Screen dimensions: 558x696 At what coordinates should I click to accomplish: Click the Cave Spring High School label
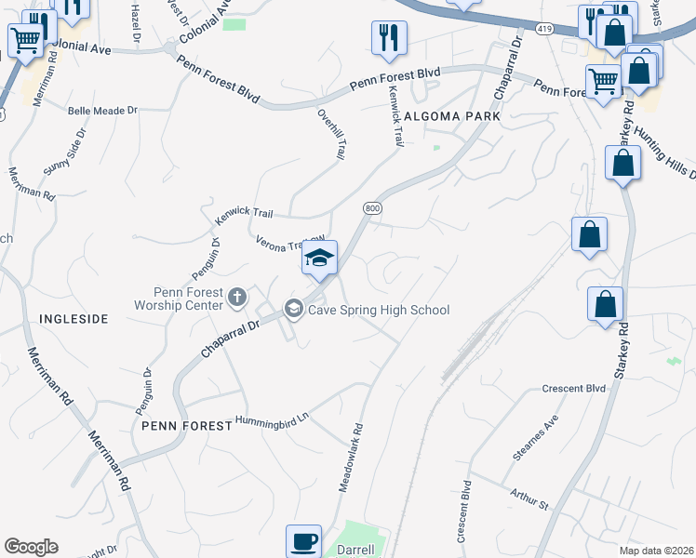click(381, 310)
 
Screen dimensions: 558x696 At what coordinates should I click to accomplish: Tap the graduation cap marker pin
click(319, 259)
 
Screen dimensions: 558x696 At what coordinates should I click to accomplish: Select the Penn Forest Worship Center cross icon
click(237, 297)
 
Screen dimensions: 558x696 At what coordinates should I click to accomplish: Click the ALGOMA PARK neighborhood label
click(452, 116)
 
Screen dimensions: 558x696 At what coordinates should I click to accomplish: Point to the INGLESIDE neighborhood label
click(74, 319)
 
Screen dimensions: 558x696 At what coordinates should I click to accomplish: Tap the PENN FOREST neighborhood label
click(186, 425)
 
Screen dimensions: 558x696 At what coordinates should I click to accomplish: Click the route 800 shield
click(373, 209)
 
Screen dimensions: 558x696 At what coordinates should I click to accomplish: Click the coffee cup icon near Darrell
click(304, 541)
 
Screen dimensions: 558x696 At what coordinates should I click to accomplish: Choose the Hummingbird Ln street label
click(271, 419)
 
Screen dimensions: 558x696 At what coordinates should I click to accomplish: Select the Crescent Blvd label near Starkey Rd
click(574, 388)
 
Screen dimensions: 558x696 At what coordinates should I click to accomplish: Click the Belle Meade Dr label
click(102, 110)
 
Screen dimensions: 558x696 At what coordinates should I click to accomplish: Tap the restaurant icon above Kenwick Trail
click(389, 38)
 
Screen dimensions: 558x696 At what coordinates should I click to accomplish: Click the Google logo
click(32, 547)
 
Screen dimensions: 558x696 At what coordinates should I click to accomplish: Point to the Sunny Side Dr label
click(64, 153)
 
